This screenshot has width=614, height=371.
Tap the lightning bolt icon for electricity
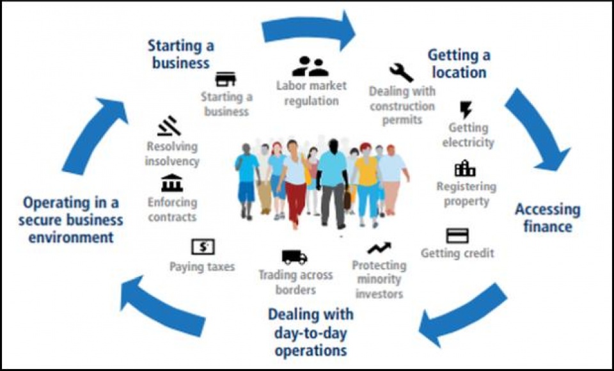[466, 109]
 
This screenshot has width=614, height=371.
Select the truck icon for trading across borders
[294, 257]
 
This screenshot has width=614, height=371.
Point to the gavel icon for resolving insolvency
[169, 125]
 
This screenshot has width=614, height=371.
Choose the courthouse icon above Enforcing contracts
[171, 183]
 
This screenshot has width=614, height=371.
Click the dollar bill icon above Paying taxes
[203, 247]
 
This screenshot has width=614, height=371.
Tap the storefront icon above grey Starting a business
[225, 79]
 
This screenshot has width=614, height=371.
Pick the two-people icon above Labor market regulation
[310, 67]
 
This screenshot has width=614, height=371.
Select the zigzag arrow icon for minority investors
[379, 248]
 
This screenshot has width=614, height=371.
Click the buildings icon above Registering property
[465, 169]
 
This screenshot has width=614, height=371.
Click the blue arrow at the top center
[310, 29]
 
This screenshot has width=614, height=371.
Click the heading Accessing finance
[547, 217]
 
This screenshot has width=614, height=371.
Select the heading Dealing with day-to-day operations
[311, 332]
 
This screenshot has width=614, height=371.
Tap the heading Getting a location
[459, 63]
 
